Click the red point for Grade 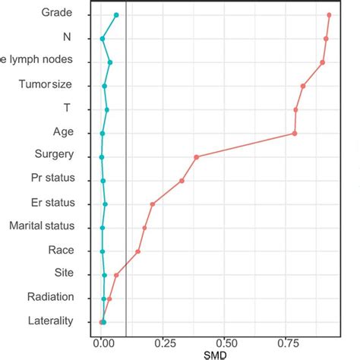(329, 15)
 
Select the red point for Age (295, 134)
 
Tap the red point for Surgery (196, 157)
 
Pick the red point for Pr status (182, 181)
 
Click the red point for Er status (152, 204)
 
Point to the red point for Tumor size (303, 86)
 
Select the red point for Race (137, 251)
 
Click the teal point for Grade (116, 15)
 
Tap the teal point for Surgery (101, 157)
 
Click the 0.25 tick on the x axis (164, 342)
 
